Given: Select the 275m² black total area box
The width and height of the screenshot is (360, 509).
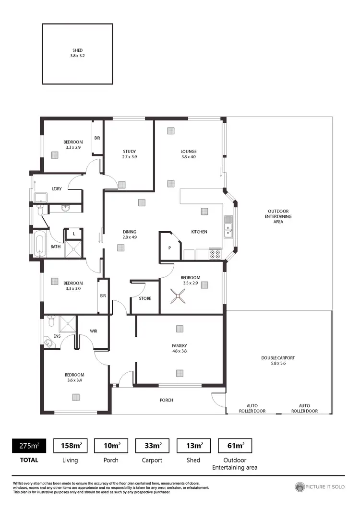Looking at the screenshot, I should click(28, 446).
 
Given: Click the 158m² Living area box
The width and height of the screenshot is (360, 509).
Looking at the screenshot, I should click(70, 446).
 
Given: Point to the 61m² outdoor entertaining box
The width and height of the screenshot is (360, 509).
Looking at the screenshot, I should click(235, 446).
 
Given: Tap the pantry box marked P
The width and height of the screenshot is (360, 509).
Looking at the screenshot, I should click(169, 248).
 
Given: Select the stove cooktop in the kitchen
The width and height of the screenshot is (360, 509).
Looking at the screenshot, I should click(215, 254).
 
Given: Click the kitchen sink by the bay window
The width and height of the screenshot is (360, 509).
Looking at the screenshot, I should click(228, 227).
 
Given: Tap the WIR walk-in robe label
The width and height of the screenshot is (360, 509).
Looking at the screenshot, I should click(94, 331).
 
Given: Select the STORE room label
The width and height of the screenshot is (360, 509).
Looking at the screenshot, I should click(145, 298).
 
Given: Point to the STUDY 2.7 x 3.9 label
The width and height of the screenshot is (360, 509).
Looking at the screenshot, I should click(130, 154).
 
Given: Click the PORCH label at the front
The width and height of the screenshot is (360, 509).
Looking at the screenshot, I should click(166, 400).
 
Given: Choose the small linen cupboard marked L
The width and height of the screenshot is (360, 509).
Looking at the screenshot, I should click(73, 234).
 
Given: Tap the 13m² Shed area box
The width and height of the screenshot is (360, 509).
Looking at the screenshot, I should click(193, 446).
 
